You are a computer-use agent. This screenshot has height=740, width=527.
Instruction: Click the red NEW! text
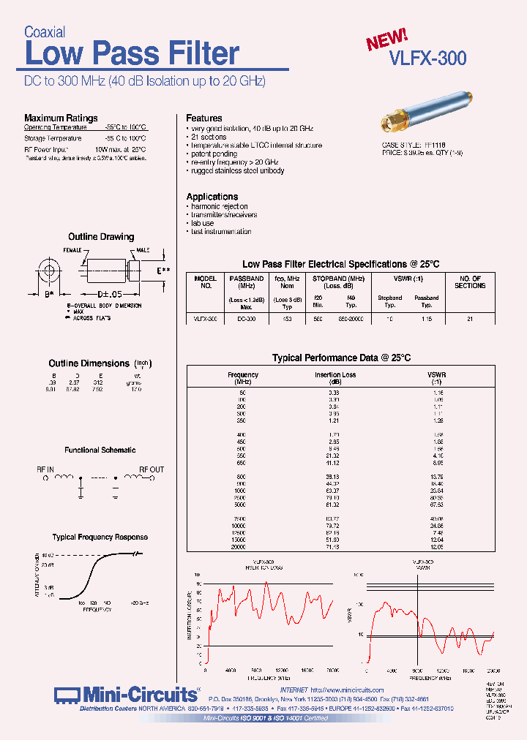pos(386,39)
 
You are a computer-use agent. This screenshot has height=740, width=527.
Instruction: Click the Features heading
pos(204,118)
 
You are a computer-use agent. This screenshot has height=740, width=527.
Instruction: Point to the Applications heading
pos(212,197)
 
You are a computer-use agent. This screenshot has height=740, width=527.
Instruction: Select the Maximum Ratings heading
pos(61,118)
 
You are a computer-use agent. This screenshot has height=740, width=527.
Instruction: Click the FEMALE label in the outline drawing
pos(73,250)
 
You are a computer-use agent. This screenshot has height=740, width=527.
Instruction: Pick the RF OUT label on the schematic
pos(152,469)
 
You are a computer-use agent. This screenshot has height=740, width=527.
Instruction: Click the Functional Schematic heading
pos(100,450)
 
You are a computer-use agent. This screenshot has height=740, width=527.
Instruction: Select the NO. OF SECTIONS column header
pos(470,282)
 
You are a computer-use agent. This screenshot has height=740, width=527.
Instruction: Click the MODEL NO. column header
pos(206,282)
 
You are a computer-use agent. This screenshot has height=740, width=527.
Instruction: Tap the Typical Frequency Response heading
pos(100,537)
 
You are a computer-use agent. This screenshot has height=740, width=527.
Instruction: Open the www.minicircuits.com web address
pos(347,690)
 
